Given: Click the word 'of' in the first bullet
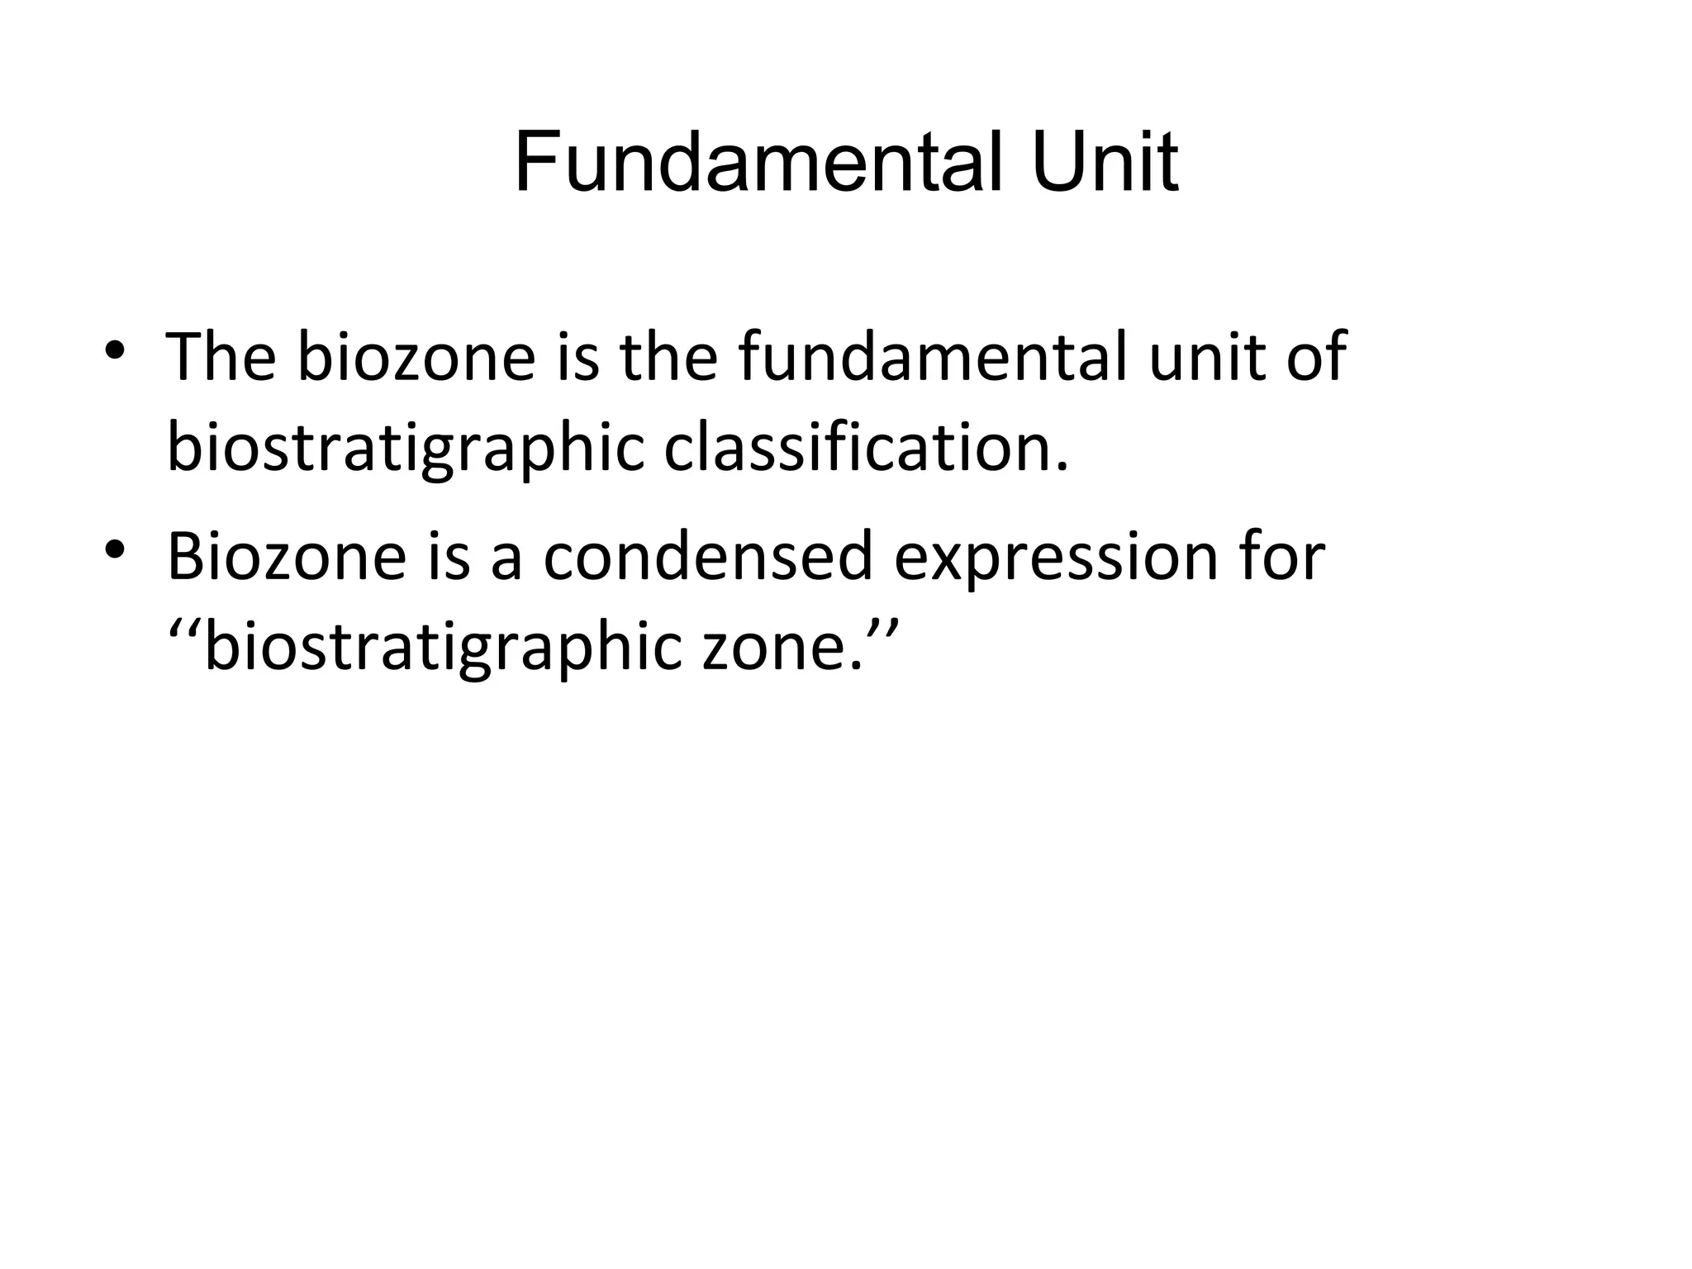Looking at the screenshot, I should (x=1317, y=357).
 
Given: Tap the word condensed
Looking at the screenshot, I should (x=708, y=557).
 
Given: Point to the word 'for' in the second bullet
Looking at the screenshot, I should (x=1283, y=557).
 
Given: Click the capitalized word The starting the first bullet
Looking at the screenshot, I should (x=221, y=357).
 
